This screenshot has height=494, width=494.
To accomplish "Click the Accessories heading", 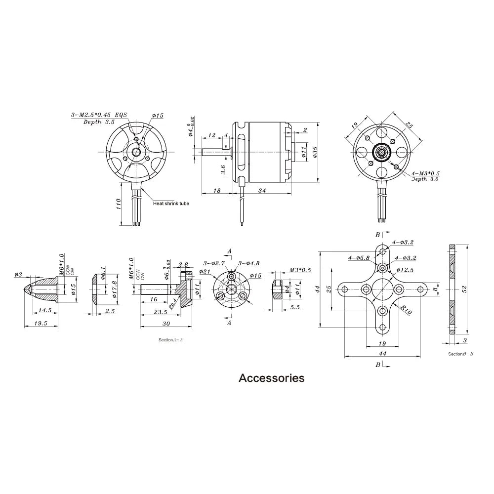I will (271, 378).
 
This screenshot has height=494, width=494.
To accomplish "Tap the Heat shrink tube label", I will (171, 203).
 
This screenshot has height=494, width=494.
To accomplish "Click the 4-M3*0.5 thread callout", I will (425, 173).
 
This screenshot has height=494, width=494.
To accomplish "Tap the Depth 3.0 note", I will (425, 179).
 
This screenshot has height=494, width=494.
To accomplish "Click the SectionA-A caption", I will (170, 340).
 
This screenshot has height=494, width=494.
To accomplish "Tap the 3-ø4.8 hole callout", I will (248, 263).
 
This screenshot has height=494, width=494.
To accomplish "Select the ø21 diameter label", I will (205, 271).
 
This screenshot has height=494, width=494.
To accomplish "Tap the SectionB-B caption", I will (460, 354).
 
